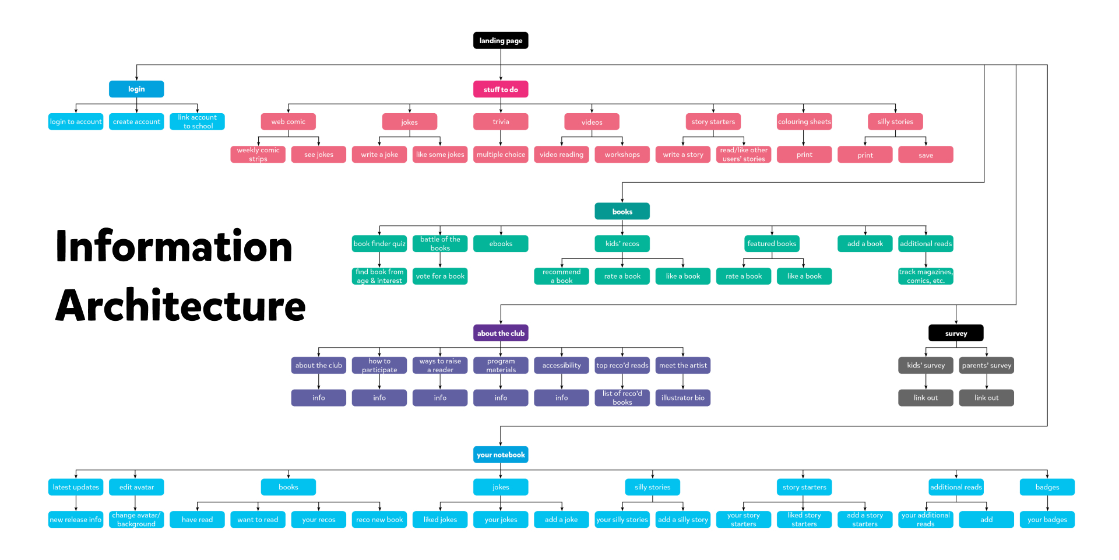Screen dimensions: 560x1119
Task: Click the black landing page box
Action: coord(501,40)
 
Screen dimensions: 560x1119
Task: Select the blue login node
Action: coord(136,89)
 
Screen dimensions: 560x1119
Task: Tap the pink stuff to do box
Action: coord(501,89)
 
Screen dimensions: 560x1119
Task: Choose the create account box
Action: coord(136,121)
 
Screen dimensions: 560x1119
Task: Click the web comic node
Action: coord(288,121)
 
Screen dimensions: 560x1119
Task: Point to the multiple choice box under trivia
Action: coord(501,155)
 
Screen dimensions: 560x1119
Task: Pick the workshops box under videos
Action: coord(622,155)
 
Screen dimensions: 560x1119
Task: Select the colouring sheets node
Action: coord(804,121)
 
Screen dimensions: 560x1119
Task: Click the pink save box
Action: coord(926,155)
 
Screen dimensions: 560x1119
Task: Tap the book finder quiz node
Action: coord(379,243)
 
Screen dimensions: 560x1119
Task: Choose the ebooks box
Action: coord(501,243)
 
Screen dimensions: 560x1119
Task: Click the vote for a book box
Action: coord(440,276)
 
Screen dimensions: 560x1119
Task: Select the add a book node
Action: coord(865,243)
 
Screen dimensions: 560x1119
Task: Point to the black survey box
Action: coord(956,333)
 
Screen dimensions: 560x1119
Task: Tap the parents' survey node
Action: coord(986,365)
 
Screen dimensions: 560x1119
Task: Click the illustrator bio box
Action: coord(682,398)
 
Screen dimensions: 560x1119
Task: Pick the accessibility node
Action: coord(561,365)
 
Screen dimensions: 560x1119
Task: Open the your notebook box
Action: coord(501,454)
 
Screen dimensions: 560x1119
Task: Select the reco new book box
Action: coord(379,519)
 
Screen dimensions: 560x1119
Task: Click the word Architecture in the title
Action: coord(181,306)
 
